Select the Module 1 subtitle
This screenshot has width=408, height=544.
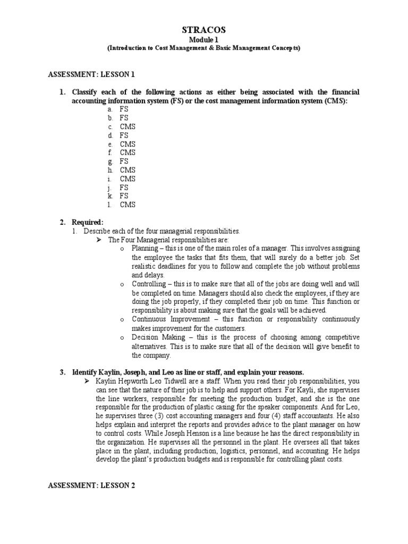click(203, 40)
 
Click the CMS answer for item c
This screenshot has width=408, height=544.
click(127, 126)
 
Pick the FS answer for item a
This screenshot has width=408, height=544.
click(124, 109)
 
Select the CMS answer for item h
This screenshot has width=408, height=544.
click(127, 170)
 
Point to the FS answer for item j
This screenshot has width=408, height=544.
click(124, 188)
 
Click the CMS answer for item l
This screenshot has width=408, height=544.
click(127, 205)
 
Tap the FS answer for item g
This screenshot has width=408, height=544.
click(124, 161)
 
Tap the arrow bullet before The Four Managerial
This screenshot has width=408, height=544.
click(98, 240)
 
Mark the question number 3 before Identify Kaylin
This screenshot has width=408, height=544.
click(62, 372)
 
